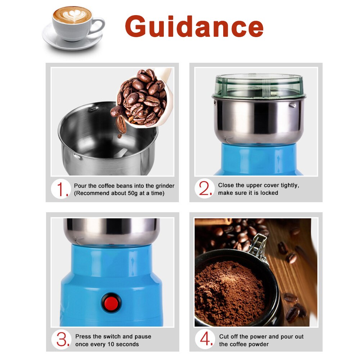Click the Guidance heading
point(194,27)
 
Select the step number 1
point(62,189)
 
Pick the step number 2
point(206,189)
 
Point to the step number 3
point(62,340)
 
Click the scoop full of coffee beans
point(144,97)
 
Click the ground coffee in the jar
point(230,292)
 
